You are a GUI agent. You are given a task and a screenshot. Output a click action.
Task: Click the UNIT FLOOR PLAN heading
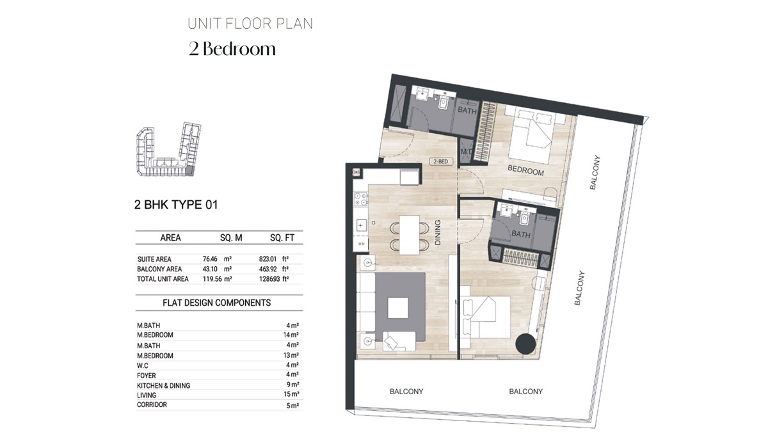click(250, 24)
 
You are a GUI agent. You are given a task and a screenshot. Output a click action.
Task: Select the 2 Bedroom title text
click(232, 49)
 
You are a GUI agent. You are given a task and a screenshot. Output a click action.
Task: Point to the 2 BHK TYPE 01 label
click(176, 205)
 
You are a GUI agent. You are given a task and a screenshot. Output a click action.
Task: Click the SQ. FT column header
click(282, 237)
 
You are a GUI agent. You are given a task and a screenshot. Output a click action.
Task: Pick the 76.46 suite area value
click(211, 259)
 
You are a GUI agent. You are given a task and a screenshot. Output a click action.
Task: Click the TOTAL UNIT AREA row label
click(163, 279)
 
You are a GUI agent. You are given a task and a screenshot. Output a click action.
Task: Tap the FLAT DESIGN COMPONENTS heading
click(217, 303)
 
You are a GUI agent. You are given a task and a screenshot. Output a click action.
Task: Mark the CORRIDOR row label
click(152, 404)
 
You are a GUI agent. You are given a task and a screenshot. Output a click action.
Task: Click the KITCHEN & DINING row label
click(163, 385)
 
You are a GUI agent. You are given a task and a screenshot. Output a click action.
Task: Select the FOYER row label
click(147, 376)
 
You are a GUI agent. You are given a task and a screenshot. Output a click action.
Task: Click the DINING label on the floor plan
click(438, 233)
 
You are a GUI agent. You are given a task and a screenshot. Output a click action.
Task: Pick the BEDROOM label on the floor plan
click(525, 172)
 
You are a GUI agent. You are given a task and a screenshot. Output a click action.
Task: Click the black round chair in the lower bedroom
click(526, 344)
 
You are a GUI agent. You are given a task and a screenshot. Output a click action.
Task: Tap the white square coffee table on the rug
click(397, 308)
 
